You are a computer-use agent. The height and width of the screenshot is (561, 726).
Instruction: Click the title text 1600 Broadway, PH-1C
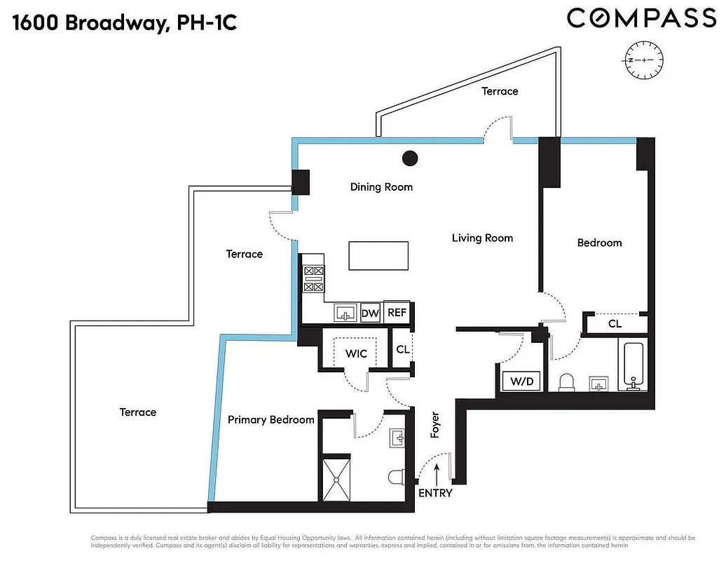click(125, 22)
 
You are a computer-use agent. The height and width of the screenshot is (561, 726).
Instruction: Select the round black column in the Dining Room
click(410, 158)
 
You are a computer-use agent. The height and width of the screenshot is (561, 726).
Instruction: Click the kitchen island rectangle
click(378, 255)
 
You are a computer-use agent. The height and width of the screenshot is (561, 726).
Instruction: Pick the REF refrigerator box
click(397, 313)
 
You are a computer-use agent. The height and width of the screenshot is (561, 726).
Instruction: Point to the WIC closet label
click(357, 353)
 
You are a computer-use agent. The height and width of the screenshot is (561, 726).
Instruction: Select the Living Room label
click(482, 238)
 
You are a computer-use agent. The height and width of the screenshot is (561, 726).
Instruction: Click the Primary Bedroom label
click(270, 419)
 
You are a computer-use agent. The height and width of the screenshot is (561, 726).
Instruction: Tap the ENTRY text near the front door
click(435, 493)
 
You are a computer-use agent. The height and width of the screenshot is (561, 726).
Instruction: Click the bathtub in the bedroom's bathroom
click(634, 365)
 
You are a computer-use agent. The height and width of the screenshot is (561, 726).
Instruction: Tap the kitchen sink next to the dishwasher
click(344, 313)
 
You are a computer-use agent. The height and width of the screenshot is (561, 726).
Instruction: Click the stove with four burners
click(313, 278)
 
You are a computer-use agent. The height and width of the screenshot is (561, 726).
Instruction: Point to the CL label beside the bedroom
click(615, 324)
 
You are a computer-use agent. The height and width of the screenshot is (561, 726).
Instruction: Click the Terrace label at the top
click(500, 91)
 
